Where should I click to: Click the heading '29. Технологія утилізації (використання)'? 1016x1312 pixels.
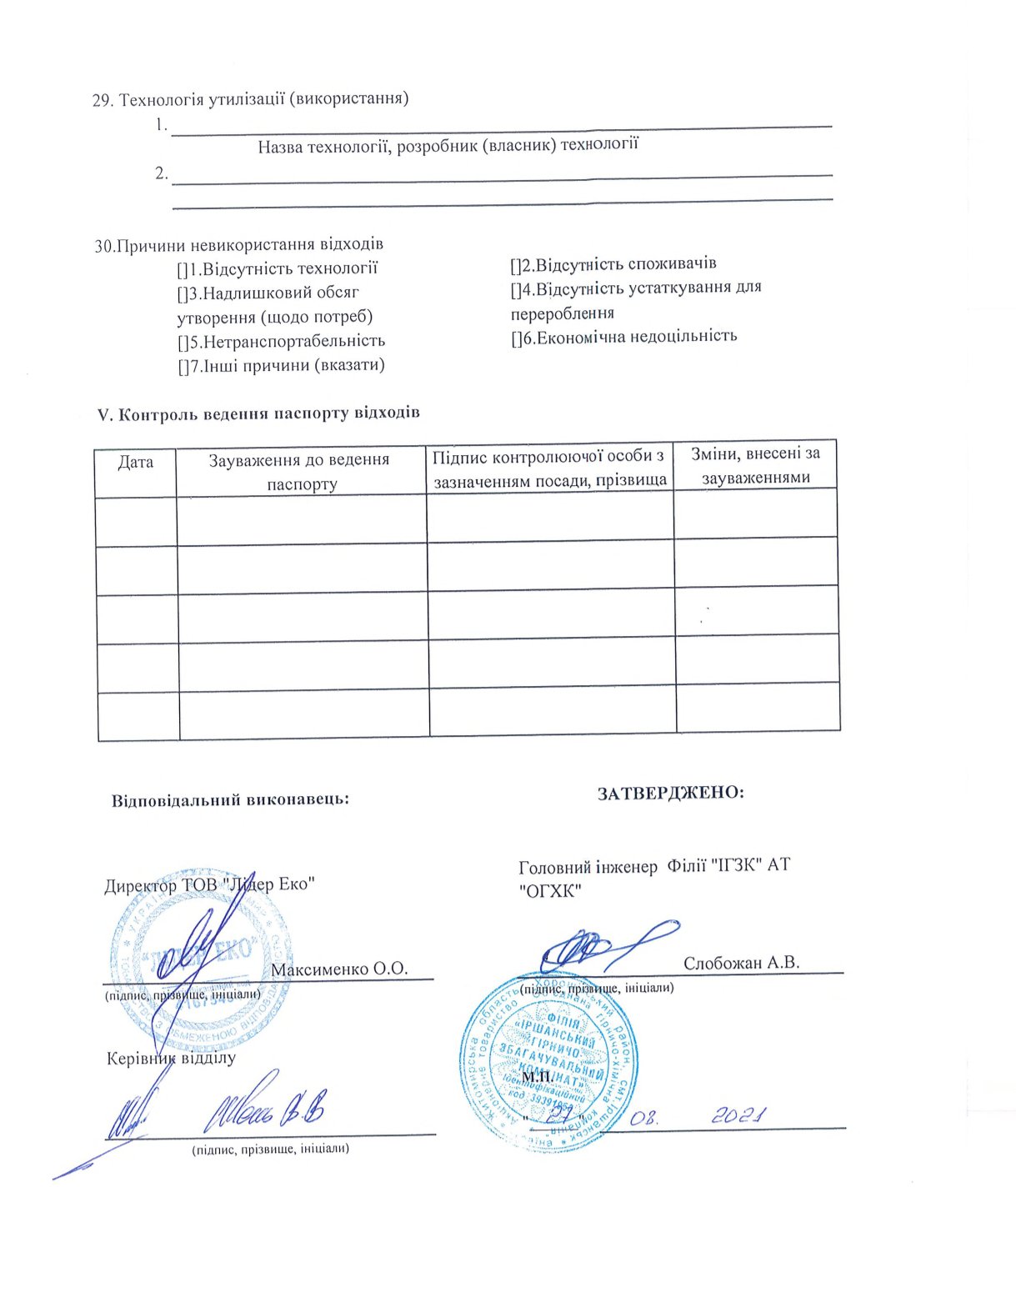point(250,100)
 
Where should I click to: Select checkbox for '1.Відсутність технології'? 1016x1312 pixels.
point(182,269)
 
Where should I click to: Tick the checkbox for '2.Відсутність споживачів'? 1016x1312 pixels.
point(515,265)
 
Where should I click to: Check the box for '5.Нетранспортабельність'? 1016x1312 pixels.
point(182,342)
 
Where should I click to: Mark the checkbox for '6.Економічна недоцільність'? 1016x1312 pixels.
point(515,337)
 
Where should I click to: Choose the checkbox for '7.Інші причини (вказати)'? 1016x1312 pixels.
point(182,366)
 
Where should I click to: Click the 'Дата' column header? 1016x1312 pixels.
point(136,462)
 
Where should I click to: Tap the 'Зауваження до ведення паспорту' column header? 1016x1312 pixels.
point(301,471)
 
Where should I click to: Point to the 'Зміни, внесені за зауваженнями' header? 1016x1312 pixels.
point(755,465)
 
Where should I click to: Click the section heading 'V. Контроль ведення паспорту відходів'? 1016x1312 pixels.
point(259,413)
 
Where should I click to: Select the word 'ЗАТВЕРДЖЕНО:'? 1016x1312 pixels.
point(670,793)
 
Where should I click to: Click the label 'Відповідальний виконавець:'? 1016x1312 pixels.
point(230,799)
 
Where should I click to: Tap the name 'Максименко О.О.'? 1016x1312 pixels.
point(339,969)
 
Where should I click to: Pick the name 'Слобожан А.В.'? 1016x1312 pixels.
point(741,963)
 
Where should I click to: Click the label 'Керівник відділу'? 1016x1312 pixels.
point(172,1059)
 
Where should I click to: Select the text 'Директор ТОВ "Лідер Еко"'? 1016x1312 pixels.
point(209,884)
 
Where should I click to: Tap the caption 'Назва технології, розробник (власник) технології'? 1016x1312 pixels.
point(448,147)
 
